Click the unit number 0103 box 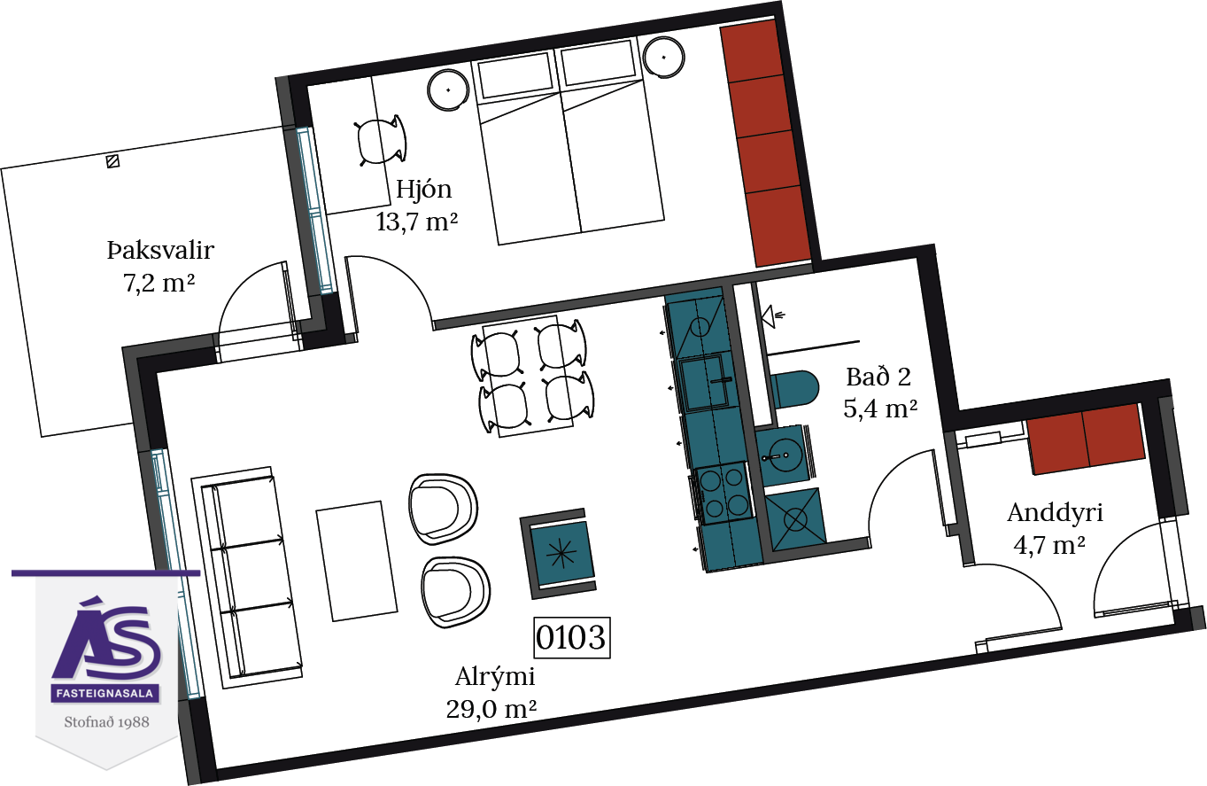tap(572, 638)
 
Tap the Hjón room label tap(423, 190)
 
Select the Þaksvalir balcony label tap(160, 250)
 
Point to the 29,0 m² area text tap(491, 709)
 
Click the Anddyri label tap(1055, 514)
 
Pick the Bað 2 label tap(878, 377)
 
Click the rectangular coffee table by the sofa tap(357, 561)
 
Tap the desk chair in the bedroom tap(381, 141)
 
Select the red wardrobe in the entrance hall tap(1086, 439)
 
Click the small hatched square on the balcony tap(112, 161)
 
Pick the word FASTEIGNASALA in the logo tap(105, 693)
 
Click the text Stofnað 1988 tap(106, 722)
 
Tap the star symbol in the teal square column tap(562, 553)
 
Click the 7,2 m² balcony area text tap(159, 283)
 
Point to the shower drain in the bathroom tap(795, 519)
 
